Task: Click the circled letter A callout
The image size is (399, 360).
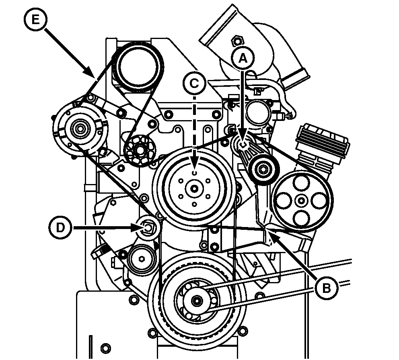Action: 242,59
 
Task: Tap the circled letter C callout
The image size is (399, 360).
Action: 194,83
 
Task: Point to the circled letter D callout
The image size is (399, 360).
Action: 60,228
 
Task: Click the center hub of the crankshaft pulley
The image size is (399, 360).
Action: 197,300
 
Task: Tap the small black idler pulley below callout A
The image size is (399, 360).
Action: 263,169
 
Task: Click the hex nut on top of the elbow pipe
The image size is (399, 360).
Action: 237,41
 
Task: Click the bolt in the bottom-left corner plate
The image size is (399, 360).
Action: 105,348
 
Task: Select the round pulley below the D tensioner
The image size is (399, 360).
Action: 139,258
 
